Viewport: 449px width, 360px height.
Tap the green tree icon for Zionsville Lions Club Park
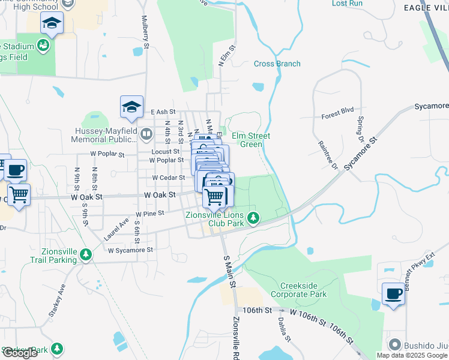[x=254, y=217]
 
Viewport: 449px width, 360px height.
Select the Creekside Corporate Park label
[x=298, y=290]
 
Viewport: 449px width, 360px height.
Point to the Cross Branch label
[x=277, y=64]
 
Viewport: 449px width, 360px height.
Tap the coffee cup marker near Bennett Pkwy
[x=393, y=294]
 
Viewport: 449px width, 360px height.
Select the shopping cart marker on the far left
[x=19, y=194]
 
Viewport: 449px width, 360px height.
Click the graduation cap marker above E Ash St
[x=131, y=107]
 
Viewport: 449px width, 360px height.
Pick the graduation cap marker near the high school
[x=52, y=24]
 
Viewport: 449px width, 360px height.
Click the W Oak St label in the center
[x=160, y=195]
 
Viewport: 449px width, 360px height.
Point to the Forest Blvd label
[x=337, y=111]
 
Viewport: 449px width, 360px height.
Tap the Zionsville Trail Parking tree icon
[x=86, y=254]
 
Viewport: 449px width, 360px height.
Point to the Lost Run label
[x=347, y=4]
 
